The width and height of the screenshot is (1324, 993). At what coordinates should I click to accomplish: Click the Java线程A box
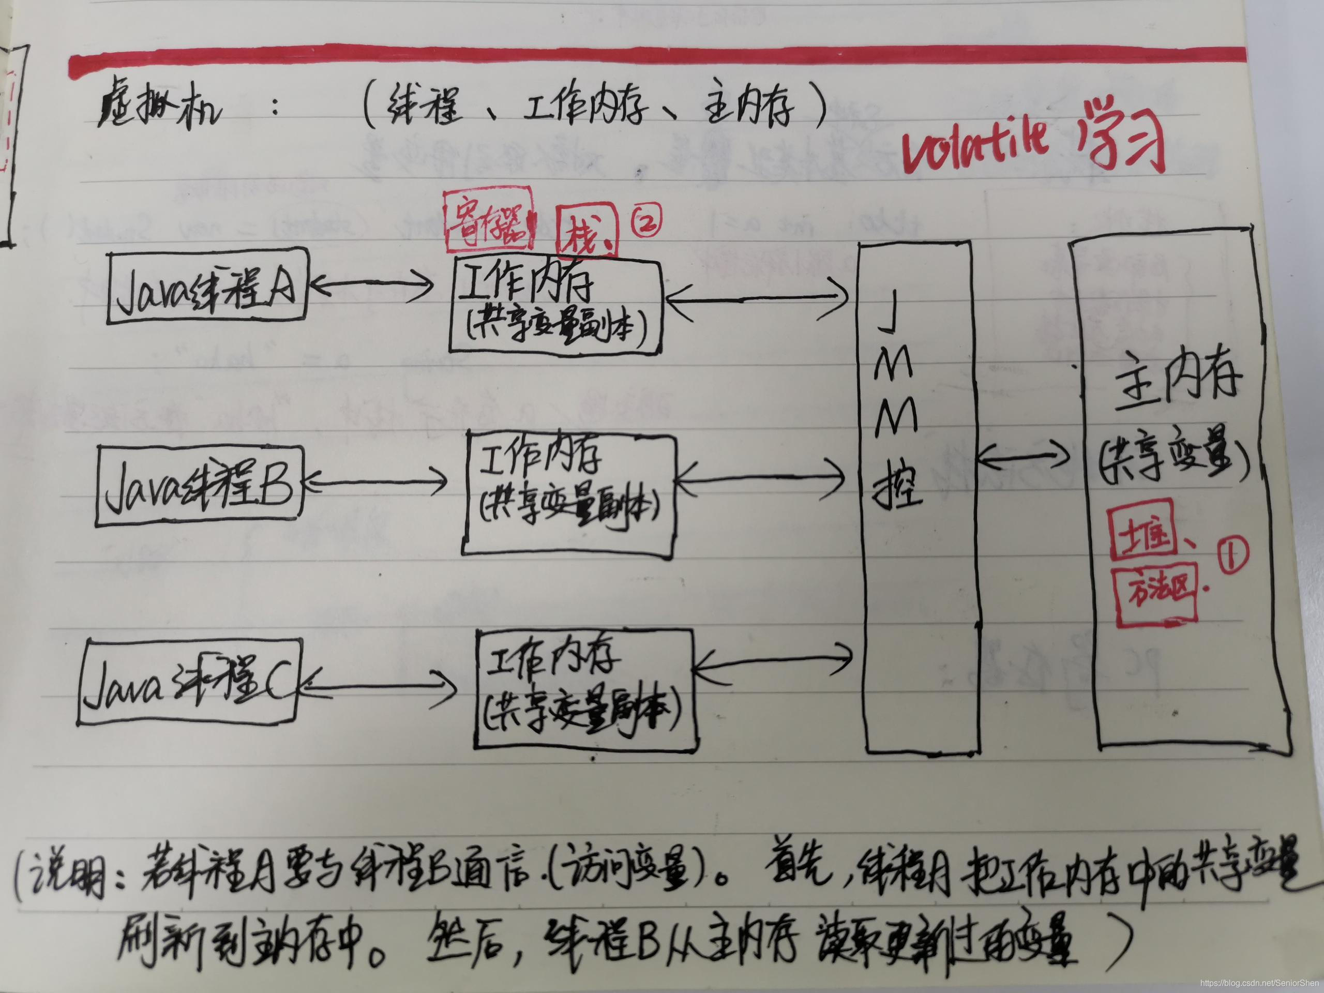(x=206, y=289)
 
